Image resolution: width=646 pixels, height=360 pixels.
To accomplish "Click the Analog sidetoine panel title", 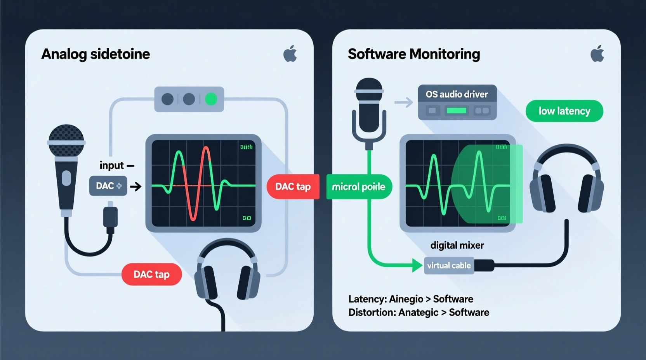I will coord(96,54).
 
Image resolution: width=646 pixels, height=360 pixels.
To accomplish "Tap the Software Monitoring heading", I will coord(414,54).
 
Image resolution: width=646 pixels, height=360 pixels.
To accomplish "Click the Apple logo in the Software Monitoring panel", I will coord(597,54).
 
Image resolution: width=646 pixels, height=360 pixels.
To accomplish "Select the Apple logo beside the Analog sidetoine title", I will coord(290,54).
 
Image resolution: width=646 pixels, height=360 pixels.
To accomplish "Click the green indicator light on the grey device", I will coord(211,99).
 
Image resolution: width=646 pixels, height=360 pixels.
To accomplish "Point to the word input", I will coord(111,166).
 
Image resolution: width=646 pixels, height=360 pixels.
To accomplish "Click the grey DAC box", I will coord(108,186).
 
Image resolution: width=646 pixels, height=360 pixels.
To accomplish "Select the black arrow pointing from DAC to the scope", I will coord(135,187).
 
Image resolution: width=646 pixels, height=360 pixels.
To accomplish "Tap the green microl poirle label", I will coord(358,187).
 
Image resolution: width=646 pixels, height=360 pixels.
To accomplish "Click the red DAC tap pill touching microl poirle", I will coord(293,187).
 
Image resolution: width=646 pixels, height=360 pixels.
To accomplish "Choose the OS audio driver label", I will coord(457,94).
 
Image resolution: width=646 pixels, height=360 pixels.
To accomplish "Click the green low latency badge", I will coord(564,111).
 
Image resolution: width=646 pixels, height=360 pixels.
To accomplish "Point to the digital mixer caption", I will coord(457,245).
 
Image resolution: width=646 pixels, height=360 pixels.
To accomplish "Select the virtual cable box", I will coord(449,266).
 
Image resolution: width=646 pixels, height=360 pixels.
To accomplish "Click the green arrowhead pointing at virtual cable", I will coord(417,265).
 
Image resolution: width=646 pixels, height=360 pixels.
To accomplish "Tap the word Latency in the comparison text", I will coord(367,299).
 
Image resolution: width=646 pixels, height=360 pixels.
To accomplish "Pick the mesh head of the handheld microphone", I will coord(66,140).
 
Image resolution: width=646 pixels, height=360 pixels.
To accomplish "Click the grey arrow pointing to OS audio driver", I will coord(404,102).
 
